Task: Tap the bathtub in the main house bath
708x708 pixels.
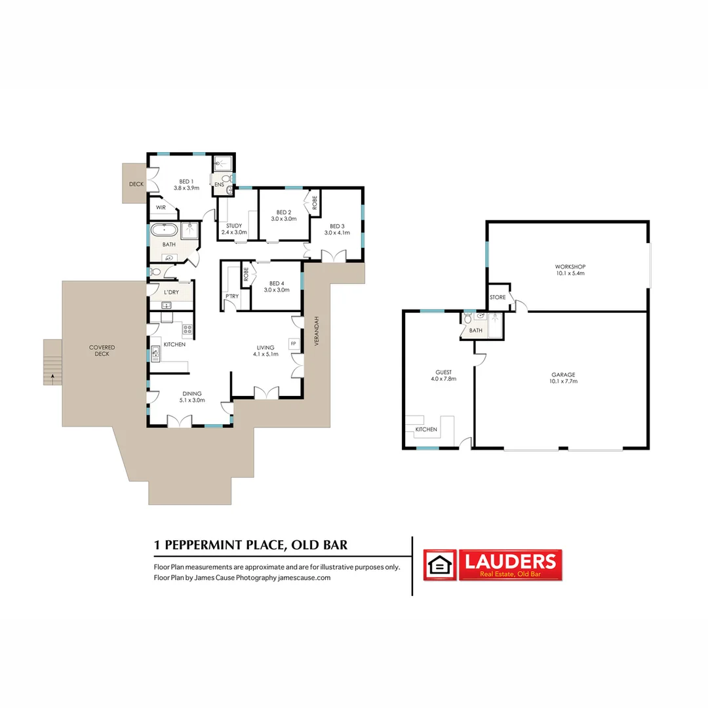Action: point(164,230)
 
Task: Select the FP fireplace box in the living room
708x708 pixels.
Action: point(293,343)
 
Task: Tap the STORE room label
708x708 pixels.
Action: point(498,298)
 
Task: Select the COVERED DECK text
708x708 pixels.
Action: point(102,351)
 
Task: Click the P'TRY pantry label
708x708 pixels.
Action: point(231,296)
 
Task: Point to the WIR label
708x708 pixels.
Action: point(161,208)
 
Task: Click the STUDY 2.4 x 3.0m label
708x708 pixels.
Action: point(234,229)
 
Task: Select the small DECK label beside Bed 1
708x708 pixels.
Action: point(136,184)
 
